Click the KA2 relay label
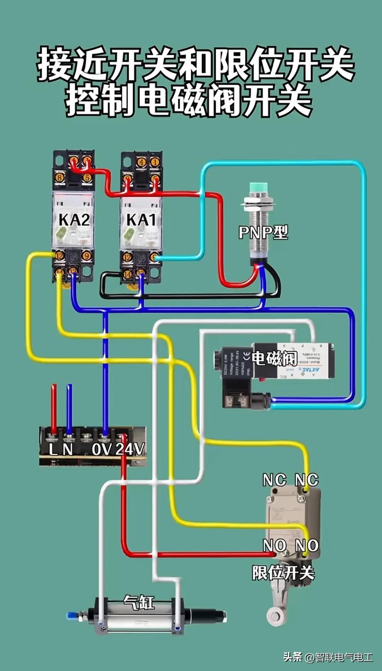point(74,220)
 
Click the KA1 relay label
point(141,220)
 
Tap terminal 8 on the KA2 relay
point(59,178)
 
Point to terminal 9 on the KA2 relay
point(86,255)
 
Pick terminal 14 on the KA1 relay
point(127,273)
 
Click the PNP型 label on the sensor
point(263,232)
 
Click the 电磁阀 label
point(274,358)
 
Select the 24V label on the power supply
point(130,449)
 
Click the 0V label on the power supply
point(102,449)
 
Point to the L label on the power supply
point(53,450)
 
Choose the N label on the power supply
point(68,450)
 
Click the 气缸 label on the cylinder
point(139,602)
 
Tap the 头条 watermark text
point(293,657)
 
